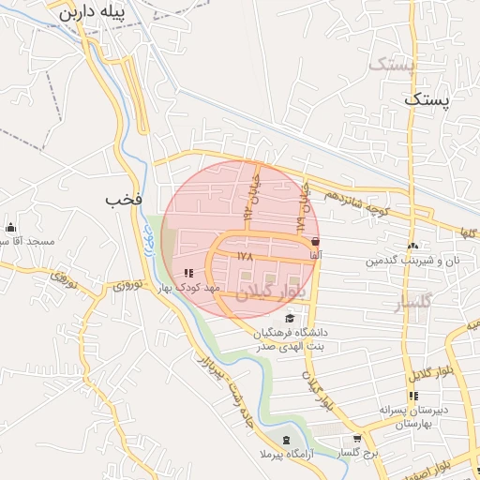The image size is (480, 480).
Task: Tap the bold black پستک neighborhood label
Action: (x=427, y=97)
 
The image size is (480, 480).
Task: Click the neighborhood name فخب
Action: (x=124, y=200)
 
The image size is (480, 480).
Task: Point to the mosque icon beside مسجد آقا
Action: (x=10, y=227)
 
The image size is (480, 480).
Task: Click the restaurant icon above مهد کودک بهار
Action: (x=188, y=273)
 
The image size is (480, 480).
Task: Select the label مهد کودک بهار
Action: (x=188, y=288)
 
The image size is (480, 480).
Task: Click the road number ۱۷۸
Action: (x=246, y=255)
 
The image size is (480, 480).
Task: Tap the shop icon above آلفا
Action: (x=314, y=241)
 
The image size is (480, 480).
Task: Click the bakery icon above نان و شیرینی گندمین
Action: (x=413, y=246)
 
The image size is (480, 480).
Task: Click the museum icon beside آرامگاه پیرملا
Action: (x=286, y=441)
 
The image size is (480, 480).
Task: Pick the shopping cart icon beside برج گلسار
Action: (x=357, y=439)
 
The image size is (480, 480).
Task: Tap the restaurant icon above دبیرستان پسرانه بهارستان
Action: (x=413, y=396)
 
